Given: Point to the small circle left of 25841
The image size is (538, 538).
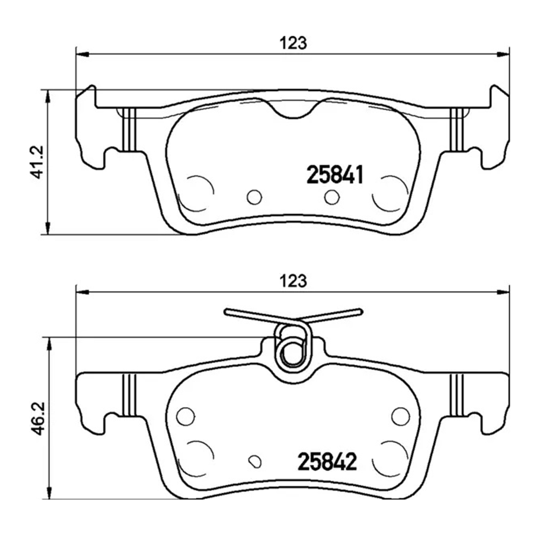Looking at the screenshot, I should coord(254,197).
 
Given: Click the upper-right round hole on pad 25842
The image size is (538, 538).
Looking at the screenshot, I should coord(400,415).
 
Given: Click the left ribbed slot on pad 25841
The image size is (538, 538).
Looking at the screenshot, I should coord(129,129).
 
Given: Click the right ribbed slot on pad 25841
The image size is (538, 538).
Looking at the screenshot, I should coord(457,129).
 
